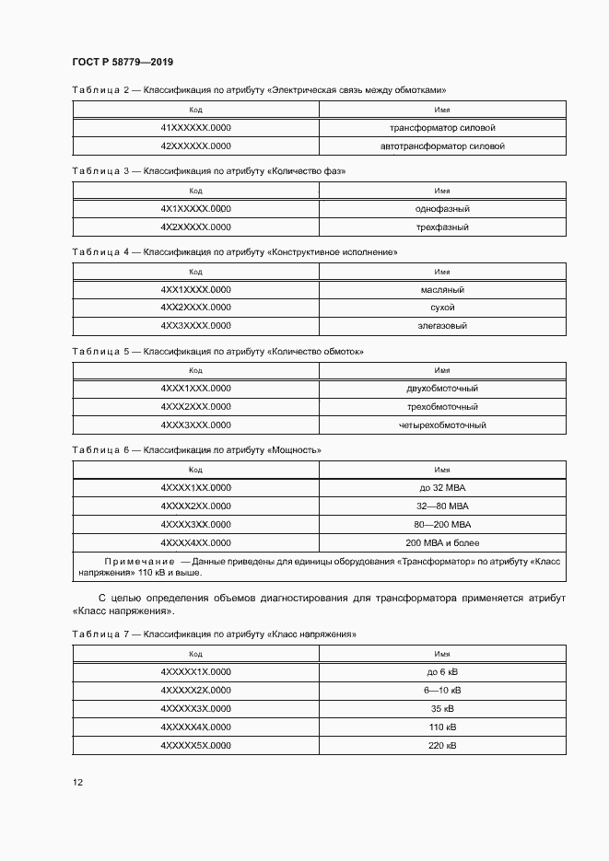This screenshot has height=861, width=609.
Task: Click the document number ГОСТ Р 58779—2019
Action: click(x=123, y=62)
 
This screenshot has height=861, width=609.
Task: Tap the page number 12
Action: click(x=77, y=782)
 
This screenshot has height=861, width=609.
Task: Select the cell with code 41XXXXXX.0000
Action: click(x=195, y=128)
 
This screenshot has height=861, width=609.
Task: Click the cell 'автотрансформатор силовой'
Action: click(x=442, y=146)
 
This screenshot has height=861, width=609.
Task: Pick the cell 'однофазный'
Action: click(x=442, y=208)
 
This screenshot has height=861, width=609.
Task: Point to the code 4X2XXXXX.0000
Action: click(x=195, y=227)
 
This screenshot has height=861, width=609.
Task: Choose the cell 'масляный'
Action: click(x=442, y=289)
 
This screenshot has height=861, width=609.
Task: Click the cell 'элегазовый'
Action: click(x=442, y=326)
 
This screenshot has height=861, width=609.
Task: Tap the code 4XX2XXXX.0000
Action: click(x=195, y=308)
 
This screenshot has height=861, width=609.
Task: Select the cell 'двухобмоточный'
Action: click(x=442, y=389)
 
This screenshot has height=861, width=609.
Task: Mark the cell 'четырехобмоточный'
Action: click(x=442, y=425)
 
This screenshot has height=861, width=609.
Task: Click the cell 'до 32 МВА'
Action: click(x=442, y=488)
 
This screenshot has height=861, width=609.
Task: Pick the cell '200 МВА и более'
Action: click(x=442, y=543)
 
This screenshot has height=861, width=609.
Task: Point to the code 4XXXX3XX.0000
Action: click(x=195, y=525)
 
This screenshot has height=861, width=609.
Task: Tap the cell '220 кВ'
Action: click(x=442, y=745)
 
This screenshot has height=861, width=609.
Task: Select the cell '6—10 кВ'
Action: click(x=442, y=690)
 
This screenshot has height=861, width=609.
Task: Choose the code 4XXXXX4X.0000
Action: click(x=195, y=727)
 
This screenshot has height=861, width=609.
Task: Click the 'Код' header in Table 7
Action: click(x=195, y=654)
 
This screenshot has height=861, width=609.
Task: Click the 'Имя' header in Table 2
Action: click(x=442, y=110)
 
